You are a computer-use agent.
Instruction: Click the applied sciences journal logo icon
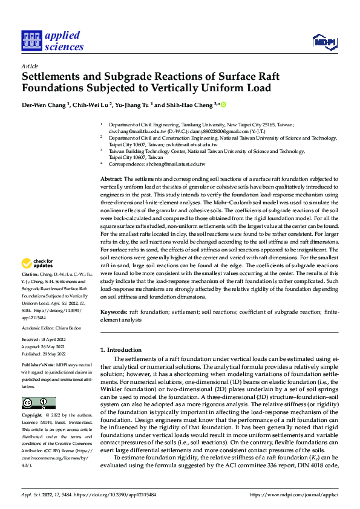30,41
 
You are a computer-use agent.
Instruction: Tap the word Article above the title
30,65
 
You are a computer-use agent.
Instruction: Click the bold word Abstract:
111,180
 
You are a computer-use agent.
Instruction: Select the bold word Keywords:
114,311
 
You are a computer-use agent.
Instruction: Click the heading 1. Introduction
120,350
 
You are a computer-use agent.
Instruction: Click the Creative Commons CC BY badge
38,403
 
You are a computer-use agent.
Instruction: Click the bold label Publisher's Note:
38,366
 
